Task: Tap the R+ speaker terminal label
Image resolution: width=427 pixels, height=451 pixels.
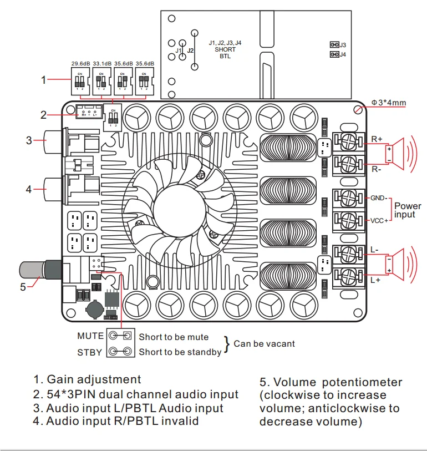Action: (x=377, y=139)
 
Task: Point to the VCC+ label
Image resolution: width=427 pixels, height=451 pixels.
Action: (x=379, y=221)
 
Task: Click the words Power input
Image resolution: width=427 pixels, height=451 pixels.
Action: (x=408, y=210)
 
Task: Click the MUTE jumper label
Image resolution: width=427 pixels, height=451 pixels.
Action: (x=90, y=336)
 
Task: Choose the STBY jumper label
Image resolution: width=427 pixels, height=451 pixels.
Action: (x=90, y=352)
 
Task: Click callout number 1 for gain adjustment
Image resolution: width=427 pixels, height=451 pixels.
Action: (x=44, y=80)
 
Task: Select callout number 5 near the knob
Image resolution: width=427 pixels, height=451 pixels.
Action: (x=23, y=287)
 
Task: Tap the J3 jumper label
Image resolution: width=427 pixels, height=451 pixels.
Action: (x=343, y=44)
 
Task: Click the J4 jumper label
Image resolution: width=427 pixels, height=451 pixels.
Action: (x=343, y=54)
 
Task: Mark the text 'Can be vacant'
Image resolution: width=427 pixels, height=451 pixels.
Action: (x=264, y=343)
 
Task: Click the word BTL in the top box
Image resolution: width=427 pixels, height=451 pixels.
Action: (x=225, y=56)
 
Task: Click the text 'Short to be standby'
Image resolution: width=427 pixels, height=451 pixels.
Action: (x=180, y=352)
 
